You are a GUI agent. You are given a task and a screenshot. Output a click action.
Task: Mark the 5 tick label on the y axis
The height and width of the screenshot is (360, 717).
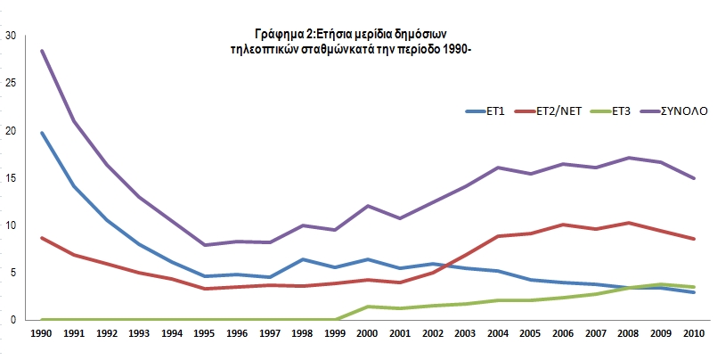(x=12, y=272)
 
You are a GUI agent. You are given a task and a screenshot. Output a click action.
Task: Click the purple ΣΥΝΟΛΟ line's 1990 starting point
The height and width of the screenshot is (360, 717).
(x=42, y=51)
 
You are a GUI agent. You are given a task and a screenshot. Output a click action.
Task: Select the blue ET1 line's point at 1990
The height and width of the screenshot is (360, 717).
(x=42, y=133)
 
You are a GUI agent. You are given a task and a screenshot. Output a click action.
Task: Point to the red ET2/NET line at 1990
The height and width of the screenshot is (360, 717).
(x=42, y=238)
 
